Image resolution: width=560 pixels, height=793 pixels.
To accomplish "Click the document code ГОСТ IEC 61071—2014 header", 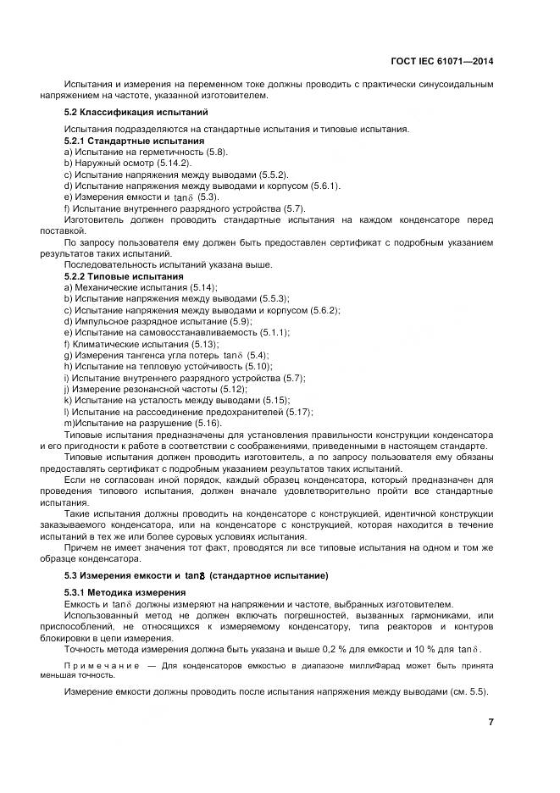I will point(442,61).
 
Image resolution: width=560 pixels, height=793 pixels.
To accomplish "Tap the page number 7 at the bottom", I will point(491,723).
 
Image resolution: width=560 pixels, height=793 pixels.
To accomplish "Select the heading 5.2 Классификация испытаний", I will point(136,112).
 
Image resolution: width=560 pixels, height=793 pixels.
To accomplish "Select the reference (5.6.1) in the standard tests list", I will point(298,186).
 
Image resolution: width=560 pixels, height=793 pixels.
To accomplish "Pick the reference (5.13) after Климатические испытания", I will point(202,344).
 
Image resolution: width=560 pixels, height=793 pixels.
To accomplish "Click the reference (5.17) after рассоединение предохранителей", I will point(297,412).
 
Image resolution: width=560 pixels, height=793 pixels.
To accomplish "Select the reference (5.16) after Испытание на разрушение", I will point(208,423).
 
